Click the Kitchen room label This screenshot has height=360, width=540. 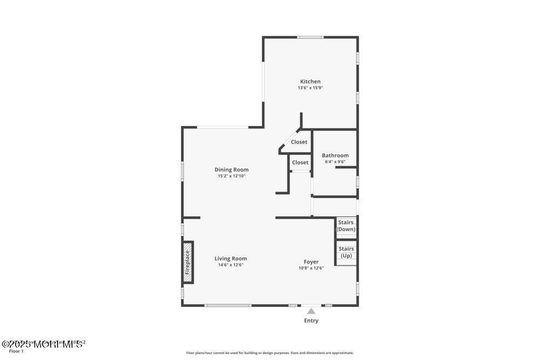point(310,81)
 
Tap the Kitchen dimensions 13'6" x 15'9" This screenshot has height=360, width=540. point(310,88)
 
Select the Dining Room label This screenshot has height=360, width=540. point(231,169)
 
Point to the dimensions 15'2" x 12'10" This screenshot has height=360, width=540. point(231,176)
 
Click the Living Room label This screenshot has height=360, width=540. point(231,259)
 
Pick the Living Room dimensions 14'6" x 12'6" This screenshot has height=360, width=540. point(231,265)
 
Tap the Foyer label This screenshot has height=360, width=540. point(311,262)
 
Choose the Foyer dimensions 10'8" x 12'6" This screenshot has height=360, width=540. point(311,268)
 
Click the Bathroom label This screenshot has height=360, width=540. point(335,155)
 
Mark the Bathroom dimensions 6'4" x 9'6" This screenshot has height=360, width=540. point(335,161)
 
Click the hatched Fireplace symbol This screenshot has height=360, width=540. point(188,262)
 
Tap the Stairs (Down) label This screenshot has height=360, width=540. point(346,226)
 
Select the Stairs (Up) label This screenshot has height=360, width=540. point(346,252)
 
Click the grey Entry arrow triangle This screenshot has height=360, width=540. point(311,311)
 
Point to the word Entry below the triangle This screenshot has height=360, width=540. point(311,321)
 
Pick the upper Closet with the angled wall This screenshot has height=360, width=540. point(299,142)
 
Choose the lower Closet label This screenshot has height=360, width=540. point(300,162)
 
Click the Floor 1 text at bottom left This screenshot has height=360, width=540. point(17,351)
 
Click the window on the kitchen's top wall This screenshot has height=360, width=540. point(310,37)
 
